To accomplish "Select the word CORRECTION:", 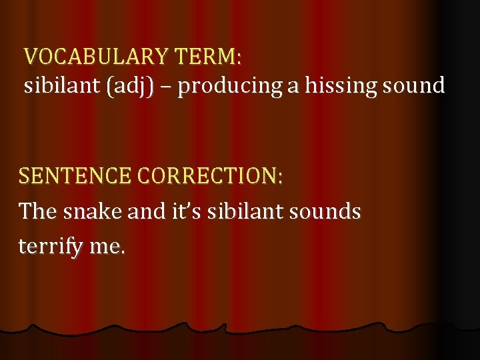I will pyautogui.click(x=211, y=176).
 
